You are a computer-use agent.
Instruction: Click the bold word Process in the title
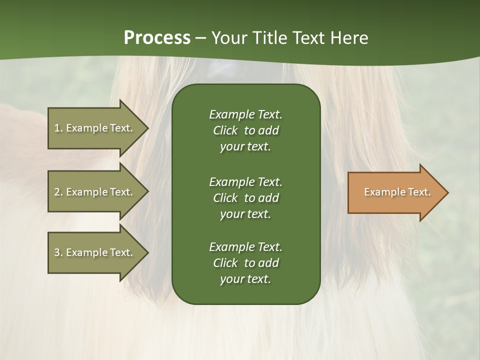157,37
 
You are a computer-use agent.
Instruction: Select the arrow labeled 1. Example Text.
95,128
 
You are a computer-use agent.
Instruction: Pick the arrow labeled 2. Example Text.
95,192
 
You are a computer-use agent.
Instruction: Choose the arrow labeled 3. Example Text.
95,252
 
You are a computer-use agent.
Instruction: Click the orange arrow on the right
395,192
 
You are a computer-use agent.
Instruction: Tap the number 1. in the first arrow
58,128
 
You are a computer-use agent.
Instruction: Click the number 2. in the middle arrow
58,192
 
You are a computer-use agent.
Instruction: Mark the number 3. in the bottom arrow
58,252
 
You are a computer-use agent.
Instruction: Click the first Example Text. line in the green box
245,114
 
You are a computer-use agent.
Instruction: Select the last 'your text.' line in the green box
245,279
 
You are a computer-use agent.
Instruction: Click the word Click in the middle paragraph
225,198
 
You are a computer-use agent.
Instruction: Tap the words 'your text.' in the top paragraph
245,147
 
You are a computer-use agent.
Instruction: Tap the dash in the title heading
201,38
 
